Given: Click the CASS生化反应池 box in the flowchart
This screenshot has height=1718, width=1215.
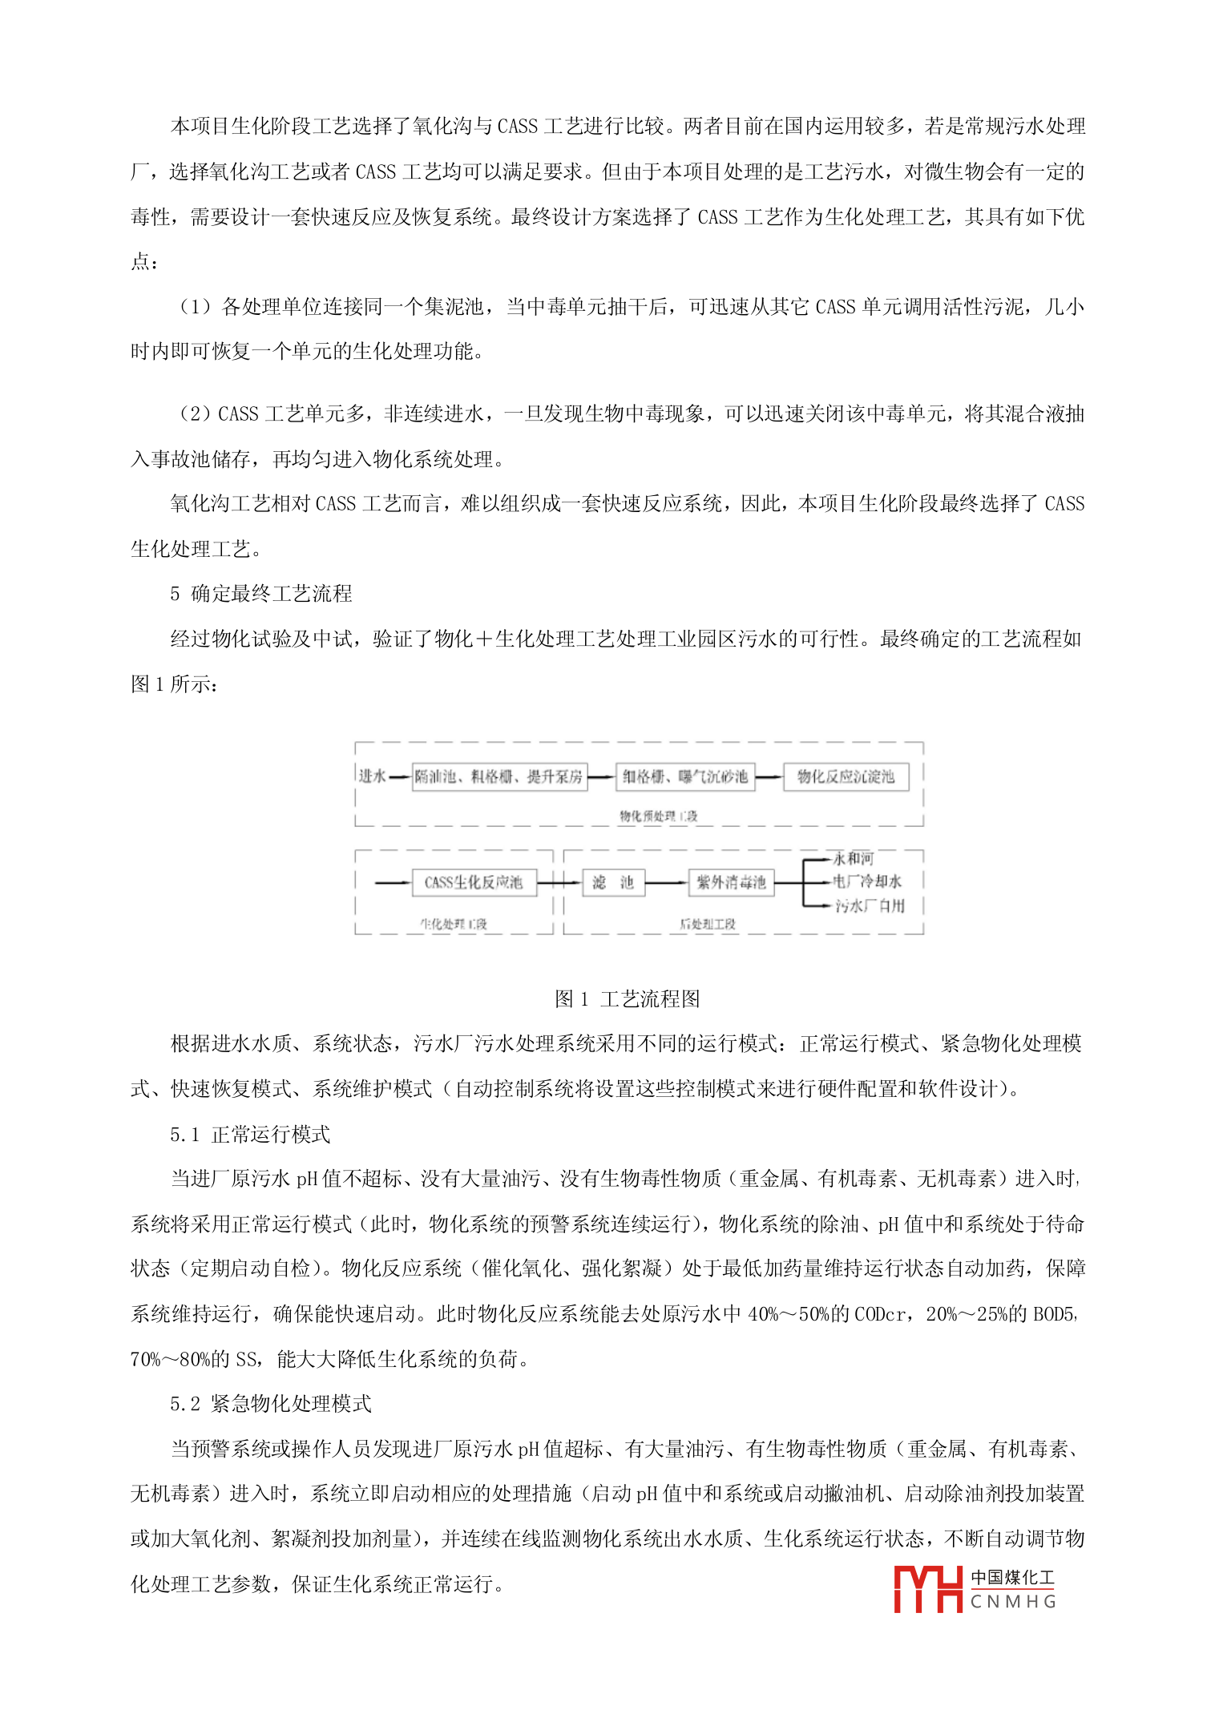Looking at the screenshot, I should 474,882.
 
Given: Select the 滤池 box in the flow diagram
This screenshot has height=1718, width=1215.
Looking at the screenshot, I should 613,882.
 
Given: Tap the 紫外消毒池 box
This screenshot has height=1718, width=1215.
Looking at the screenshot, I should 731,882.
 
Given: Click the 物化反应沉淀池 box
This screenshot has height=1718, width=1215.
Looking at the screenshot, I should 846,776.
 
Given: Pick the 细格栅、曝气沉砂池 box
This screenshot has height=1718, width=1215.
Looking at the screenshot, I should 685,776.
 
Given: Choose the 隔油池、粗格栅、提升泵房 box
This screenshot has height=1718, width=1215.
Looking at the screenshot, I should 499,776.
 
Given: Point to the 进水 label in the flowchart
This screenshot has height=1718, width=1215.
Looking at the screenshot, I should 372,776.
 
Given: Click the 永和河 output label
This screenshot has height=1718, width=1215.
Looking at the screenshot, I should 854,859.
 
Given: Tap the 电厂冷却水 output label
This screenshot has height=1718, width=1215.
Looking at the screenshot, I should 867,881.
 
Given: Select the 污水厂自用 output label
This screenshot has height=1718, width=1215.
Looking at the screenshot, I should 870,905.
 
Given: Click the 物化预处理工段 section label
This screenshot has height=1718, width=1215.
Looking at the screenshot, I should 658,816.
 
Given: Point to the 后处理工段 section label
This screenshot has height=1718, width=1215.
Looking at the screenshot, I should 708,924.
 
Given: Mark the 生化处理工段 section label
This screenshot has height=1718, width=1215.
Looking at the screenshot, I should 454,924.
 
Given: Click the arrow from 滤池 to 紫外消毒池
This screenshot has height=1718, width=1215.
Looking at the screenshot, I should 666,882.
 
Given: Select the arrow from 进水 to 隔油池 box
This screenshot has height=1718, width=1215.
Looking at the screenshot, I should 400,776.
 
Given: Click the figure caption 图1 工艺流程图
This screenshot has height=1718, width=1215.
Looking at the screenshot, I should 627,998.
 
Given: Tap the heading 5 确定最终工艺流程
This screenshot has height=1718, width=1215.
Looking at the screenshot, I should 260,593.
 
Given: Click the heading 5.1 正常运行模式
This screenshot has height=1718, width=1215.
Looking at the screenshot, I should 249,1134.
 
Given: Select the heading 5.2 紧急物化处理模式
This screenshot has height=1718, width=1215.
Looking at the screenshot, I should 270,1403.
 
